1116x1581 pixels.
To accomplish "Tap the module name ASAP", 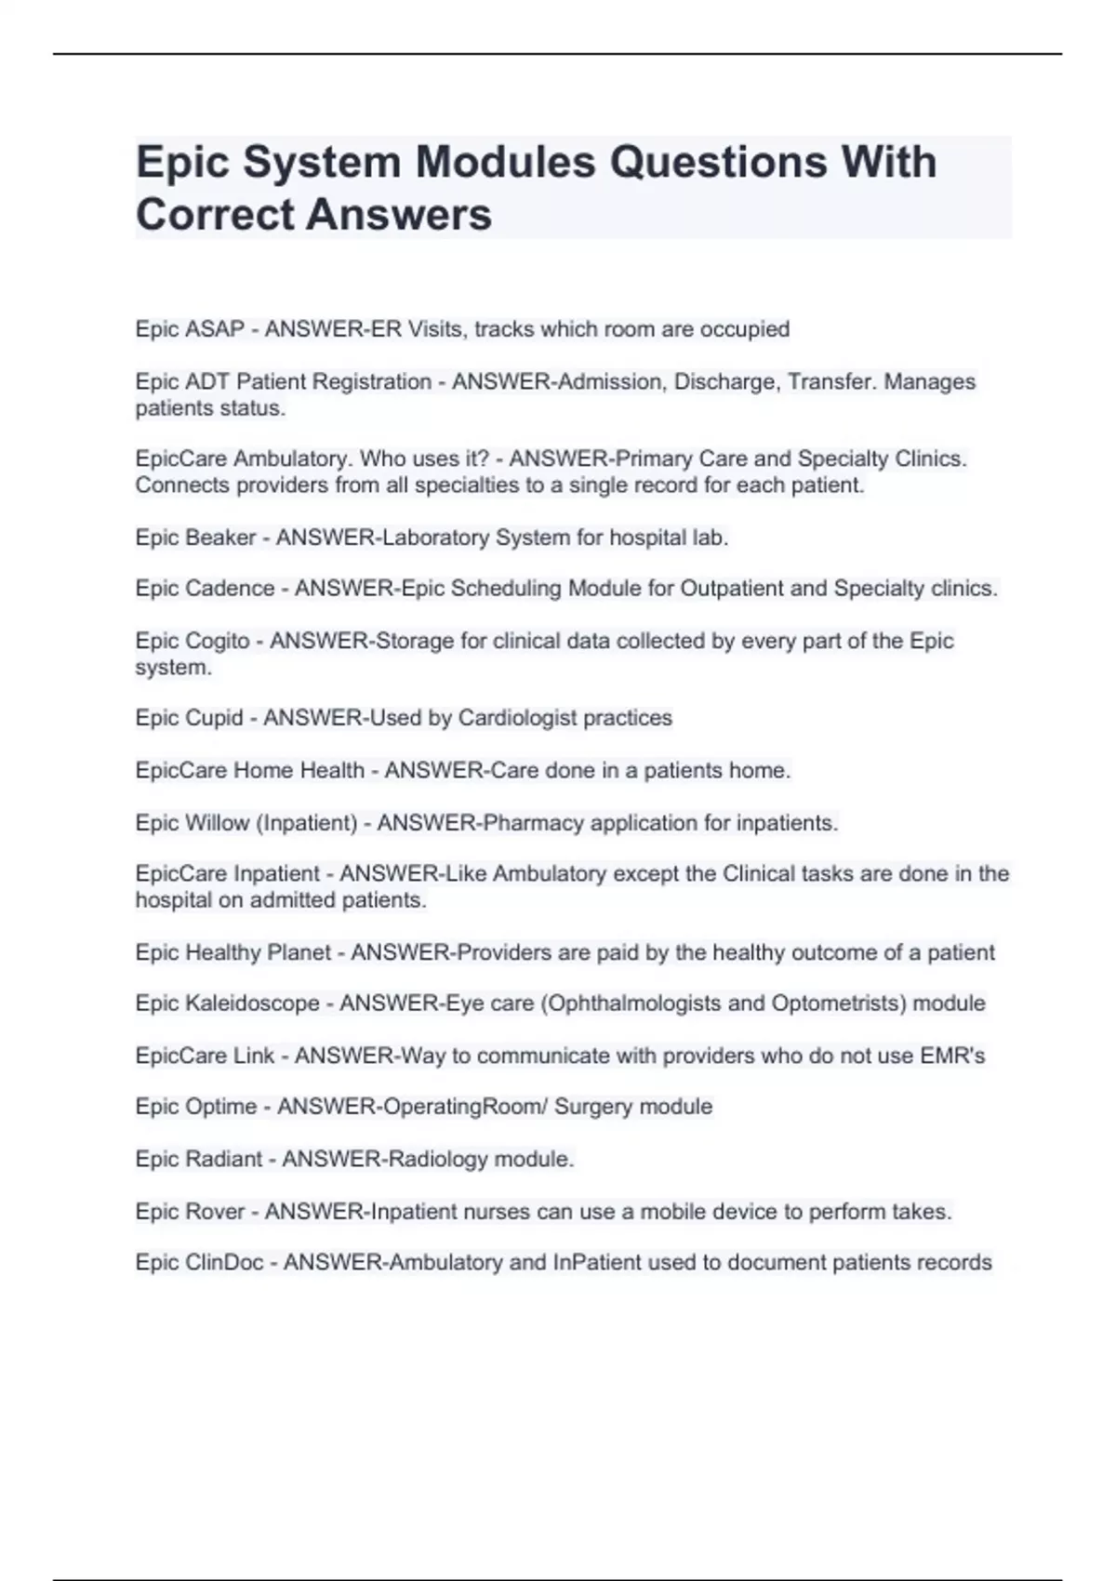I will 215,329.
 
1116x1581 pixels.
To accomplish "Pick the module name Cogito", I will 218,641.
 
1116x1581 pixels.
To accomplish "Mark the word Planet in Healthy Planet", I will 299,952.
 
